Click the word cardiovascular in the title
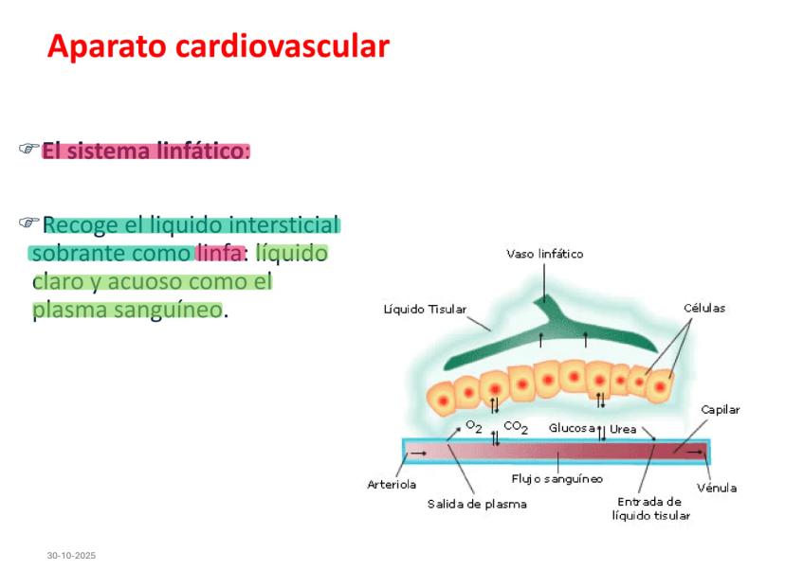(283, 45)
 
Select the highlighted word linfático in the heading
(199, 151)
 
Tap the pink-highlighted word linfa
(219, 254)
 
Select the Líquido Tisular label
(424, 309)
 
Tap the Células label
(704, 308)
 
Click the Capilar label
(721, 410)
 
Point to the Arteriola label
(392, 484)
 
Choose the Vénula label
(717, 488)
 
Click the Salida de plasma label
(477, 504)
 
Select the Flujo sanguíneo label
(557, 478)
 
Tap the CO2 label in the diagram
(516, 428)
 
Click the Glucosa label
(572, 428)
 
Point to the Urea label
(623, 429)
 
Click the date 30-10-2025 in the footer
(72, 555)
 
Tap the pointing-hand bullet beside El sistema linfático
(28, 150)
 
